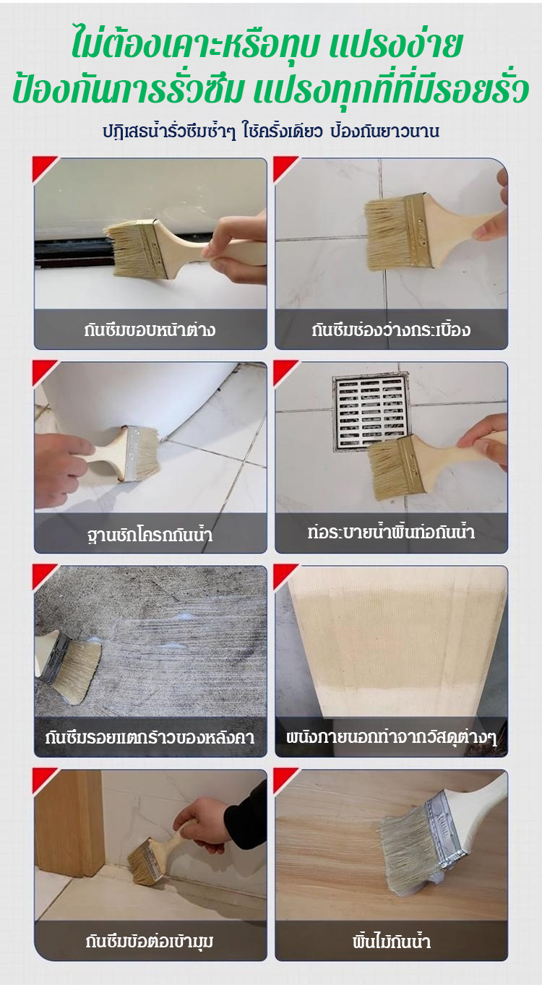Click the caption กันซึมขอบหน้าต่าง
(150, 330)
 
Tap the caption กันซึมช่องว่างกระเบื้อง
(391, 330)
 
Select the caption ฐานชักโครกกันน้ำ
(150, 535)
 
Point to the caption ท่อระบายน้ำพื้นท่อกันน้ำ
(391, 532)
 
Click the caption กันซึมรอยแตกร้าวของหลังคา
(150, 738)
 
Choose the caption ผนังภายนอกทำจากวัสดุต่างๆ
(391, 738)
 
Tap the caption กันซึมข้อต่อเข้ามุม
(150, 942)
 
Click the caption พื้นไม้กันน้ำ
(391, 942)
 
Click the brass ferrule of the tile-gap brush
(418, 231)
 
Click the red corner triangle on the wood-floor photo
(285, 782)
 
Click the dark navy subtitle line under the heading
(270, 132)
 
